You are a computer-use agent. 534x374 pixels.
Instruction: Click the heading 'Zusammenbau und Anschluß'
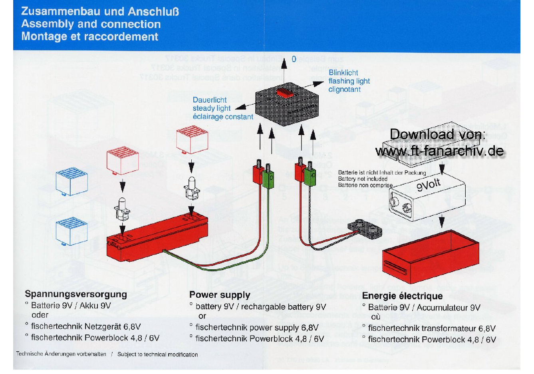100,11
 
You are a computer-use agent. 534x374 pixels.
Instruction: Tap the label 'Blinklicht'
343,72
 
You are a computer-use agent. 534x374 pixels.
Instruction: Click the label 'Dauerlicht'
209,100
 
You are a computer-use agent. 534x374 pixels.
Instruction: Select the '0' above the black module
294,59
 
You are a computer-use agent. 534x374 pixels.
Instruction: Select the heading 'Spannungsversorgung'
76,294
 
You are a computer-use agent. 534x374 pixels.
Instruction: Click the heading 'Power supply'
220,295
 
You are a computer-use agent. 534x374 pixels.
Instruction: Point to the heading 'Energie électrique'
402,296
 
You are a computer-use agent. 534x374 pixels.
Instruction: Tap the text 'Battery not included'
363,179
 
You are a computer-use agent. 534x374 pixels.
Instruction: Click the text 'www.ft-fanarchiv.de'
439,151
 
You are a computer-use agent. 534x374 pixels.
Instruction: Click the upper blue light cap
71,181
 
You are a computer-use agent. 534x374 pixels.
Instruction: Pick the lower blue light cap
71,231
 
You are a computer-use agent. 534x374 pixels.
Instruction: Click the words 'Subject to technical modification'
157,354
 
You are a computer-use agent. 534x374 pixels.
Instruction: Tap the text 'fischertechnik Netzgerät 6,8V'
86,326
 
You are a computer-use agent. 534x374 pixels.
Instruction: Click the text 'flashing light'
349,81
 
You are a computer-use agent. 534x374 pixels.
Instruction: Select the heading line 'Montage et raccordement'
90,37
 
